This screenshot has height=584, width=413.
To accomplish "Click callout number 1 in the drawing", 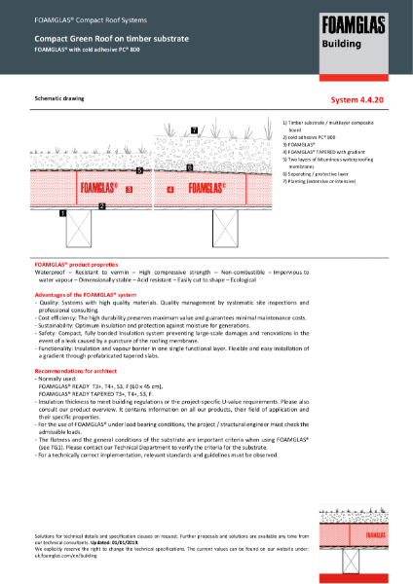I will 62,212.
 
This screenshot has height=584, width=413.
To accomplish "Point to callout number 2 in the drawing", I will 102,206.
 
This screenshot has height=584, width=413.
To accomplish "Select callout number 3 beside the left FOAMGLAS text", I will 129,189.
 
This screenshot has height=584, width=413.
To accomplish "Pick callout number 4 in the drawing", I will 169,190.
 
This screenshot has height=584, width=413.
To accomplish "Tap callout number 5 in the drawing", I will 139,170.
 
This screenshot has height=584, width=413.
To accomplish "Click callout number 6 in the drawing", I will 188,167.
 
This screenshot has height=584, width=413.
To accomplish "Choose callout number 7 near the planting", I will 194,129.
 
